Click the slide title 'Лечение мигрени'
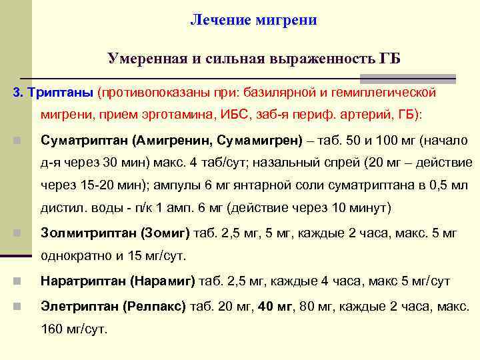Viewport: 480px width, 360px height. click(253, 20)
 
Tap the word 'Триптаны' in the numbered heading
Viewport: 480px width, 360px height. click(59, 91)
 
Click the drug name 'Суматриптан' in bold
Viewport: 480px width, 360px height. click(84, 141)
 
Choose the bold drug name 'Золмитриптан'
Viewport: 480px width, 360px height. click(88, 233)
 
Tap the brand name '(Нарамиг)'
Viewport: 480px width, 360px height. click(163, 281)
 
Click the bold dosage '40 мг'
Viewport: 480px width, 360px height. click(275, 307)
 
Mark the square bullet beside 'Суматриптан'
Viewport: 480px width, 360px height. click(17, 141)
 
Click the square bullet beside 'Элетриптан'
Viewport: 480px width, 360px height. click(17, 307)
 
